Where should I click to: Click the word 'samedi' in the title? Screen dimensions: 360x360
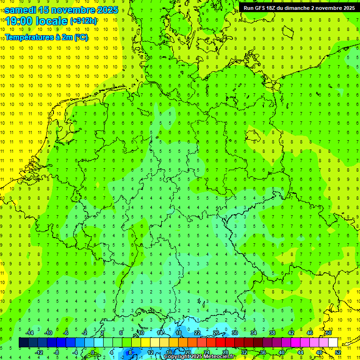tap(21, 10)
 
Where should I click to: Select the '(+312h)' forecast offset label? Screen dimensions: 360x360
tap(83, 21)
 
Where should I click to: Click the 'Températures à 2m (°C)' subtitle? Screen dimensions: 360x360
tap(46, 37)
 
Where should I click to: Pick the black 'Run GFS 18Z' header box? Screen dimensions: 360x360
tap(299, 7)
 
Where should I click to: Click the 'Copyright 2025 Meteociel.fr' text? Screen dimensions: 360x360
tap(199, 357)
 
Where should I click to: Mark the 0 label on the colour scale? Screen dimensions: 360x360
tap(93, 352)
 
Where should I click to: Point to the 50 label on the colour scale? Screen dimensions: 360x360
tap(329, 333)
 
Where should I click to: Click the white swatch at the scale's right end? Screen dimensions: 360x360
tap(333, 343)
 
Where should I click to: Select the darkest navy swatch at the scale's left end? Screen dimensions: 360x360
tap(23, 343)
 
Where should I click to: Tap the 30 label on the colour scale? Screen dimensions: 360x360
tap(235, 333)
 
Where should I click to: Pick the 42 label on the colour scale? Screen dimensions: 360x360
tap(291, 333)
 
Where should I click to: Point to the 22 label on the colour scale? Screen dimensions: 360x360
tap(197, 333)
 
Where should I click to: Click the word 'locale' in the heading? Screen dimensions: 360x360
tap(51, 21)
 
